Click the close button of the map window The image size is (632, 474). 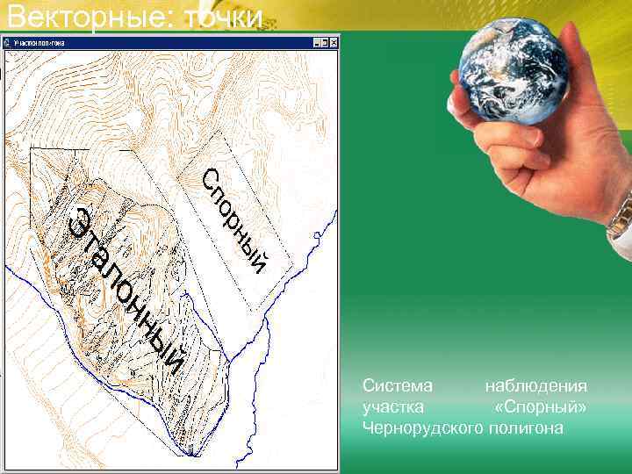point(334,41)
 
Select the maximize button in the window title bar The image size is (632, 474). point(325,41)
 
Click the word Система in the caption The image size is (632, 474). point(398,386)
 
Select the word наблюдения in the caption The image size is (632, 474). point(536,386)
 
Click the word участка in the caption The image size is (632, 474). point(393,407)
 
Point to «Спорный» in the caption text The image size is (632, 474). point(541,407)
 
